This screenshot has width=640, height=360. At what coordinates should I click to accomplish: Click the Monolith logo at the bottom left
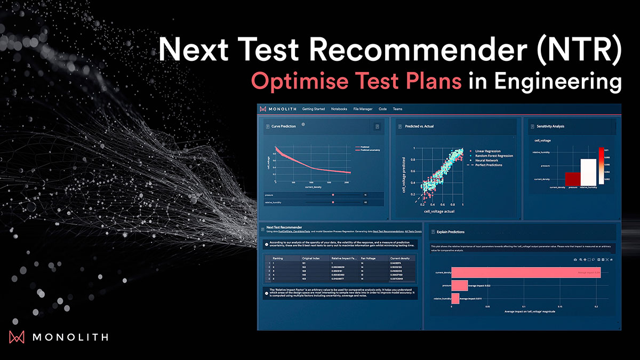pos(58,337)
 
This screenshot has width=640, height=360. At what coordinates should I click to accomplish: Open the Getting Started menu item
pos(314,109)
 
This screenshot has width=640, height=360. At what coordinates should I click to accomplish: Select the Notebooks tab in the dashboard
pos(339,109)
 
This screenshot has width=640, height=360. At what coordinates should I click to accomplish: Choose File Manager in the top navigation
pos(363,109)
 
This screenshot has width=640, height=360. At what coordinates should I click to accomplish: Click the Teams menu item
pos(397,109)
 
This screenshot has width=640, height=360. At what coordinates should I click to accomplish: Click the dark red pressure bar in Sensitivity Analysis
pos(572,179)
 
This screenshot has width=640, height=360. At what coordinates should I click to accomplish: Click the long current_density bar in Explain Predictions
pos(526,273)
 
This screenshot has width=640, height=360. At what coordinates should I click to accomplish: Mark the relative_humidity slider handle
pos(333,203)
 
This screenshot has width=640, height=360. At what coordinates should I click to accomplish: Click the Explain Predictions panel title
pos(451,232)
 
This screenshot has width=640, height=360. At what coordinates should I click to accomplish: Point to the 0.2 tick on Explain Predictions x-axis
pos(596,307)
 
